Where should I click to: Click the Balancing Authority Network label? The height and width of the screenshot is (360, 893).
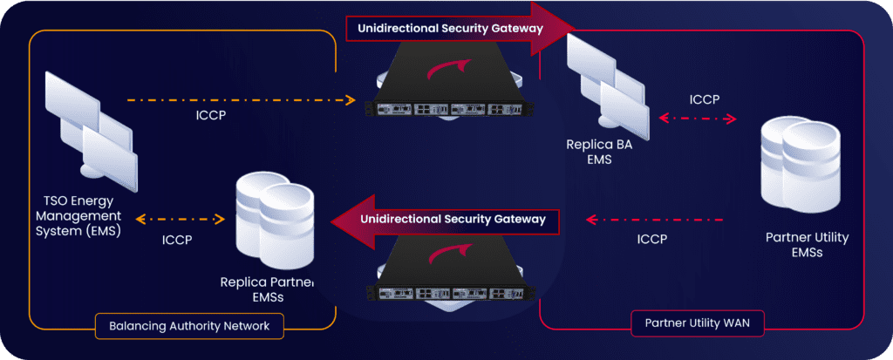tap(189, 326)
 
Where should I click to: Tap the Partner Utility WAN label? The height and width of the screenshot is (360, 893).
tap(697, 323)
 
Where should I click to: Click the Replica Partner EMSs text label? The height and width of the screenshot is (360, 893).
tap(268, 290)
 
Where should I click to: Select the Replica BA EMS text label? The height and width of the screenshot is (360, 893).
tap(599, 152)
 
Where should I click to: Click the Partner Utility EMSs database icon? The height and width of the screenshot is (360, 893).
tap(801, 164)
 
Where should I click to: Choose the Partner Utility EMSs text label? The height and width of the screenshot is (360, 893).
tap(807, 245)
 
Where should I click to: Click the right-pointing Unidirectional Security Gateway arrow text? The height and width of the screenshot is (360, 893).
tap(449, 28)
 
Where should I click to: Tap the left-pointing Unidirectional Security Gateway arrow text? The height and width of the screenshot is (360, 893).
tap(453, 218)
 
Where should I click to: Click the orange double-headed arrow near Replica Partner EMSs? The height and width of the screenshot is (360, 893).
tap(180, 218)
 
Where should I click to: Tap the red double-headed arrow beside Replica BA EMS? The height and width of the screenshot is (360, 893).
tap(698, 119)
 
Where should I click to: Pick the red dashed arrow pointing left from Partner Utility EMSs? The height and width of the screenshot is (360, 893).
tap(655, 220)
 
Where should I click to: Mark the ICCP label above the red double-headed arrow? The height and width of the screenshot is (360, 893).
tap(705, 99)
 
